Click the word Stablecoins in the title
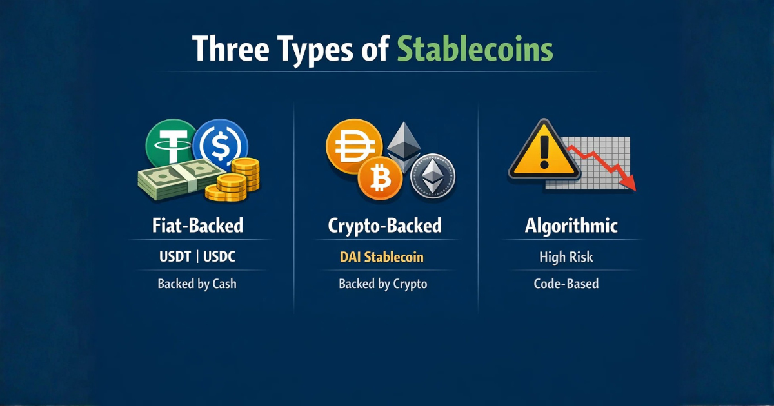(475, 50)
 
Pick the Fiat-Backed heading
(198, 226)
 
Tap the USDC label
(219, 257)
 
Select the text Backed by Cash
(197, 284)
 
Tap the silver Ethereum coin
(433, 174)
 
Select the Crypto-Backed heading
(384, 226)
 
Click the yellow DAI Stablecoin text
(381, 257)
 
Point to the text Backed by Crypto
(382, 284)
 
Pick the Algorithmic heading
(571, 226)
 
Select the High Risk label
(566, 257)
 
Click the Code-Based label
(566, 284)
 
